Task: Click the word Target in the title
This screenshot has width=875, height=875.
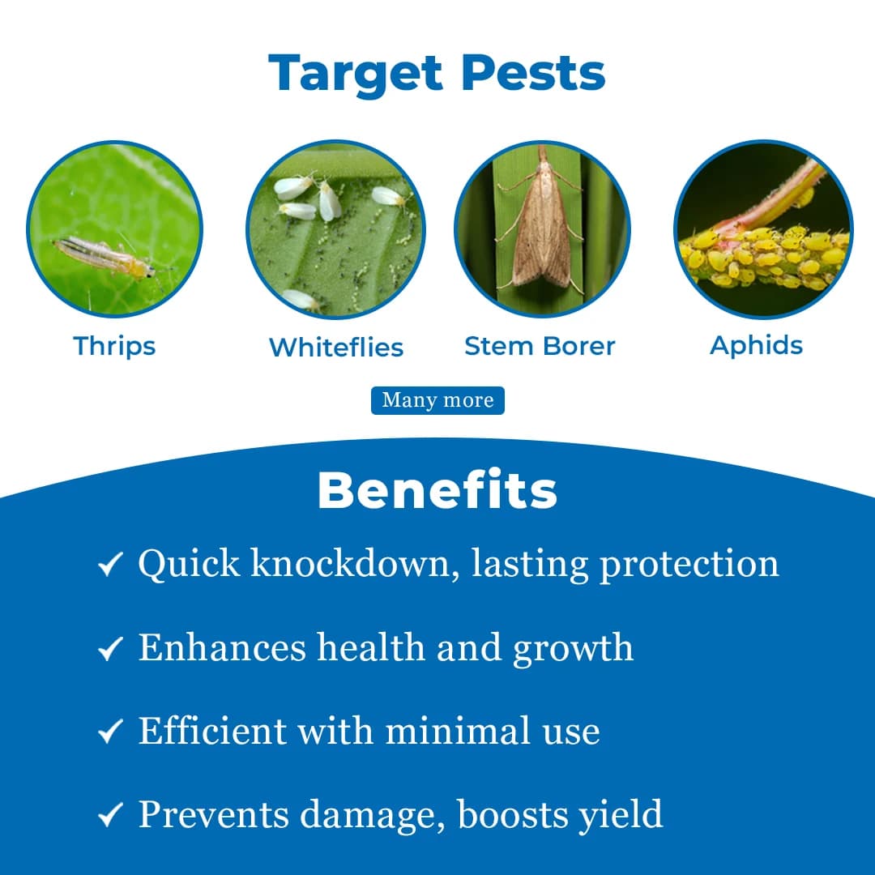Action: coord(357,74)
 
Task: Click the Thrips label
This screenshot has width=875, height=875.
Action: coord(114,346)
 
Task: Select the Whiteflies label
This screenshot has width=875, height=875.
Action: coord(335,348)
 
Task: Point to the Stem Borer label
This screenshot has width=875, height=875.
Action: coord(540,346)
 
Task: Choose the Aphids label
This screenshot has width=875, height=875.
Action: coord(757,345)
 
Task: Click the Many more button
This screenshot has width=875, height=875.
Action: coord(437,400)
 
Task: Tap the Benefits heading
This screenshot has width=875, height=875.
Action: coord(437,490)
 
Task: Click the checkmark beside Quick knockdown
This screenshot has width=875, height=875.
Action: coord(109,565)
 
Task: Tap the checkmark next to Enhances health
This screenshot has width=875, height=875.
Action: coord(109,648)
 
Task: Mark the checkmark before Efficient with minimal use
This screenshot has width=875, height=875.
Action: coord(109,732)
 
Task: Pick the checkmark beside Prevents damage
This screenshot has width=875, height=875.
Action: coord(109,816)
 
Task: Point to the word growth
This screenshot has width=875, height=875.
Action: coord(574,647)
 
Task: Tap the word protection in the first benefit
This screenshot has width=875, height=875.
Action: coord(689,565)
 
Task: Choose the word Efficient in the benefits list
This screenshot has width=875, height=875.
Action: coord(212,731)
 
